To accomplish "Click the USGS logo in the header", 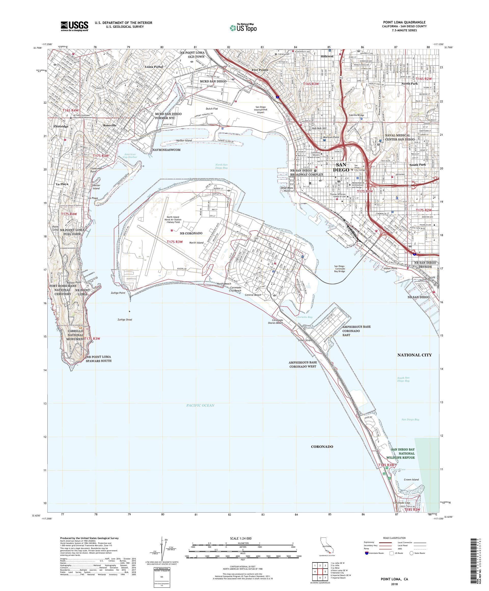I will [x=74, y=26].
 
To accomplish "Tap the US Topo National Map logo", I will [x=243, y=28].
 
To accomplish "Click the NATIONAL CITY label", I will [x=414, y=355].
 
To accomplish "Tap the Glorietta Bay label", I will [x=304, y=317].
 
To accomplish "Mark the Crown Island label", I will [x=411, y=480].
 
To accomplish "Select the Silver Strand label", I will [x=305, y=340].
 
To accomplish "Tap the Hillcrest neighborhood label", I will [x=327, y=56].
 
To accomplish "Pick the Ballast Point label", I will [x=74, y=282].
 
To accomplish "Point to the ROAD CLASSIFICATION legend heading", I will [x=396, y=538].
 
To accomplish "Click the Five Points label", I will [x=260, y=70].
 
